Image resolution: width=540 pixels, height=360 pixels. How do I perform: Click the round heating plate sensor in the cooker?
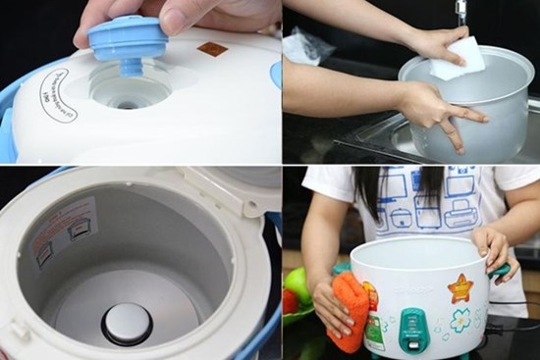128,323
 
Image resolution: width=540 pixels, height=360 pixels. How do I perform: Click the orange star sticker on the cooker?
459,289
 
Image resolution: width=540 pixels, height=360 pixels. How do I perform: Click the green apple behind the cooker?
297,284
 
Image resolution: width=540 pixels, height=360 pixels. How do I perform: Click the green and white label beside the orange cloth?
375,330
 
